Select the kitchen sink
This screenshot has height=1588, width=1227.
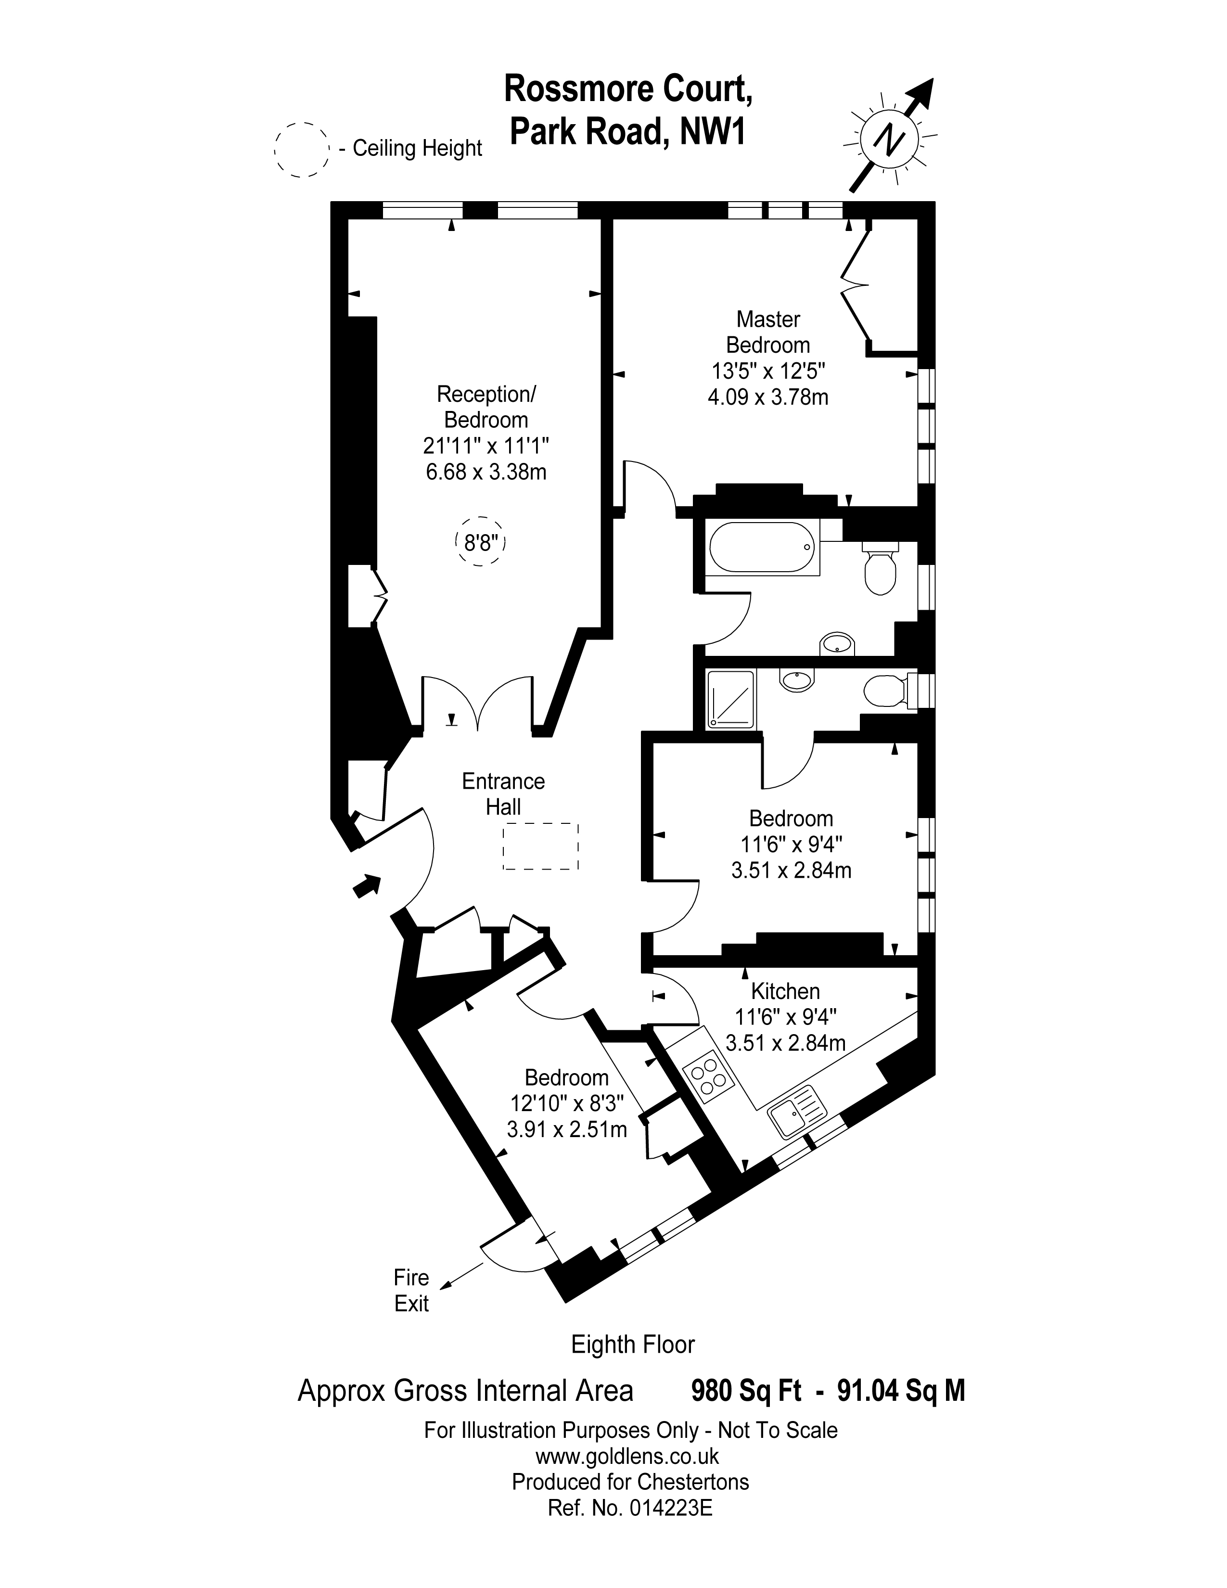coord(797,1112)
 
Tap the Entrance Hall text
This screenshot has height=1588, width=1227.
coord(503,794)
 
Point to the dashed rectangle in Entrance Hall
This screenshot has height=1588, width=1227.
coord(541,846)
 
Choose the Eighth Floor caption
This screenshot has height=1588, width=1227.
coord(632,1345)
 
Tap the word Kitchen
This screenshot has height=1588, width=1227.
coord(785,991)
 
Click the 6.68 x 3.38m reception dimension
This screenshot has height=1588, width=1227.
coord(486,472)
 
